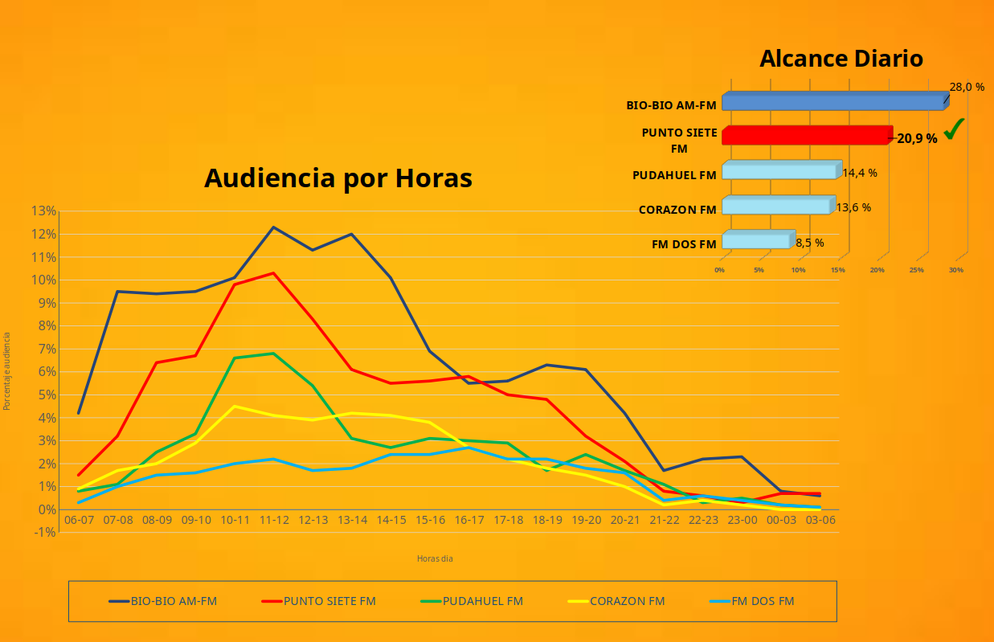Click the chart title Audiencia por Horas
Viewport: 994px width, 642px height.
click(x=337, y=178)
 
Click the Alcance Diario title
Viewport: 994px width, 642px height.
click(x=841, y=59)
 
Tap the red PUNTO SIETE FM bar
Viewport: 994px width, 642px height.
click(x=806, y=136)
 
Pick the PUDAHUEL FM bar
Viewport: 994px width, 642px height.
click(x=779, y=171)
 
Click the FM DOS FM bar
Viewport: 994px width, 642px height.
click(x=755, y=241)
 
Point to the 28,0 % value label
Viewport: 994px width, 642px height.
click(x=967, y=87)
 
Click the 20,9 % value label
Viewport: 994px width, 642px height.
click(x=917, y=138)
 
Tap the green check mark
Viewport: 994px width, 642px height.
click(x=954, y=129)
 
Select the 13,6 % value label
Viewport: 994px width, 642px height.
click(x=853, y=207)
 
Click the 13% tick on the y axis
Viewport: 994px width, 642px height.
click(x=43, y=211)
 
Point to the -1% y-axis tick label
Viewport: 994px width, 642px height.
click(x=43, y=532)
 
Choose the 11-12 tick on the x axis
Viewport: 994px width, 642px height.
click(x=274, y=520)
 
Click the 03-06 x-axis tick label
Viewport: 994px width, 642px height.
click(x=820, y=520)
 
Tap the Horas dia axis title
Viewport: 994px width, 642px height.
click(x=435, y=558)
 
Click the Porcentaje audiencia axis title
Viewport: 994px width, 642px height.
click(x=7, y=371)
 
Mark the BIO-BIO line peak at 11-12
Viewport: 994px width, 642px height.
click(x=273, y=227)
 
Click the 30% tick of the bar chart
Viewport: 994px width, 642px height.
click(x=955, y=270)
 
